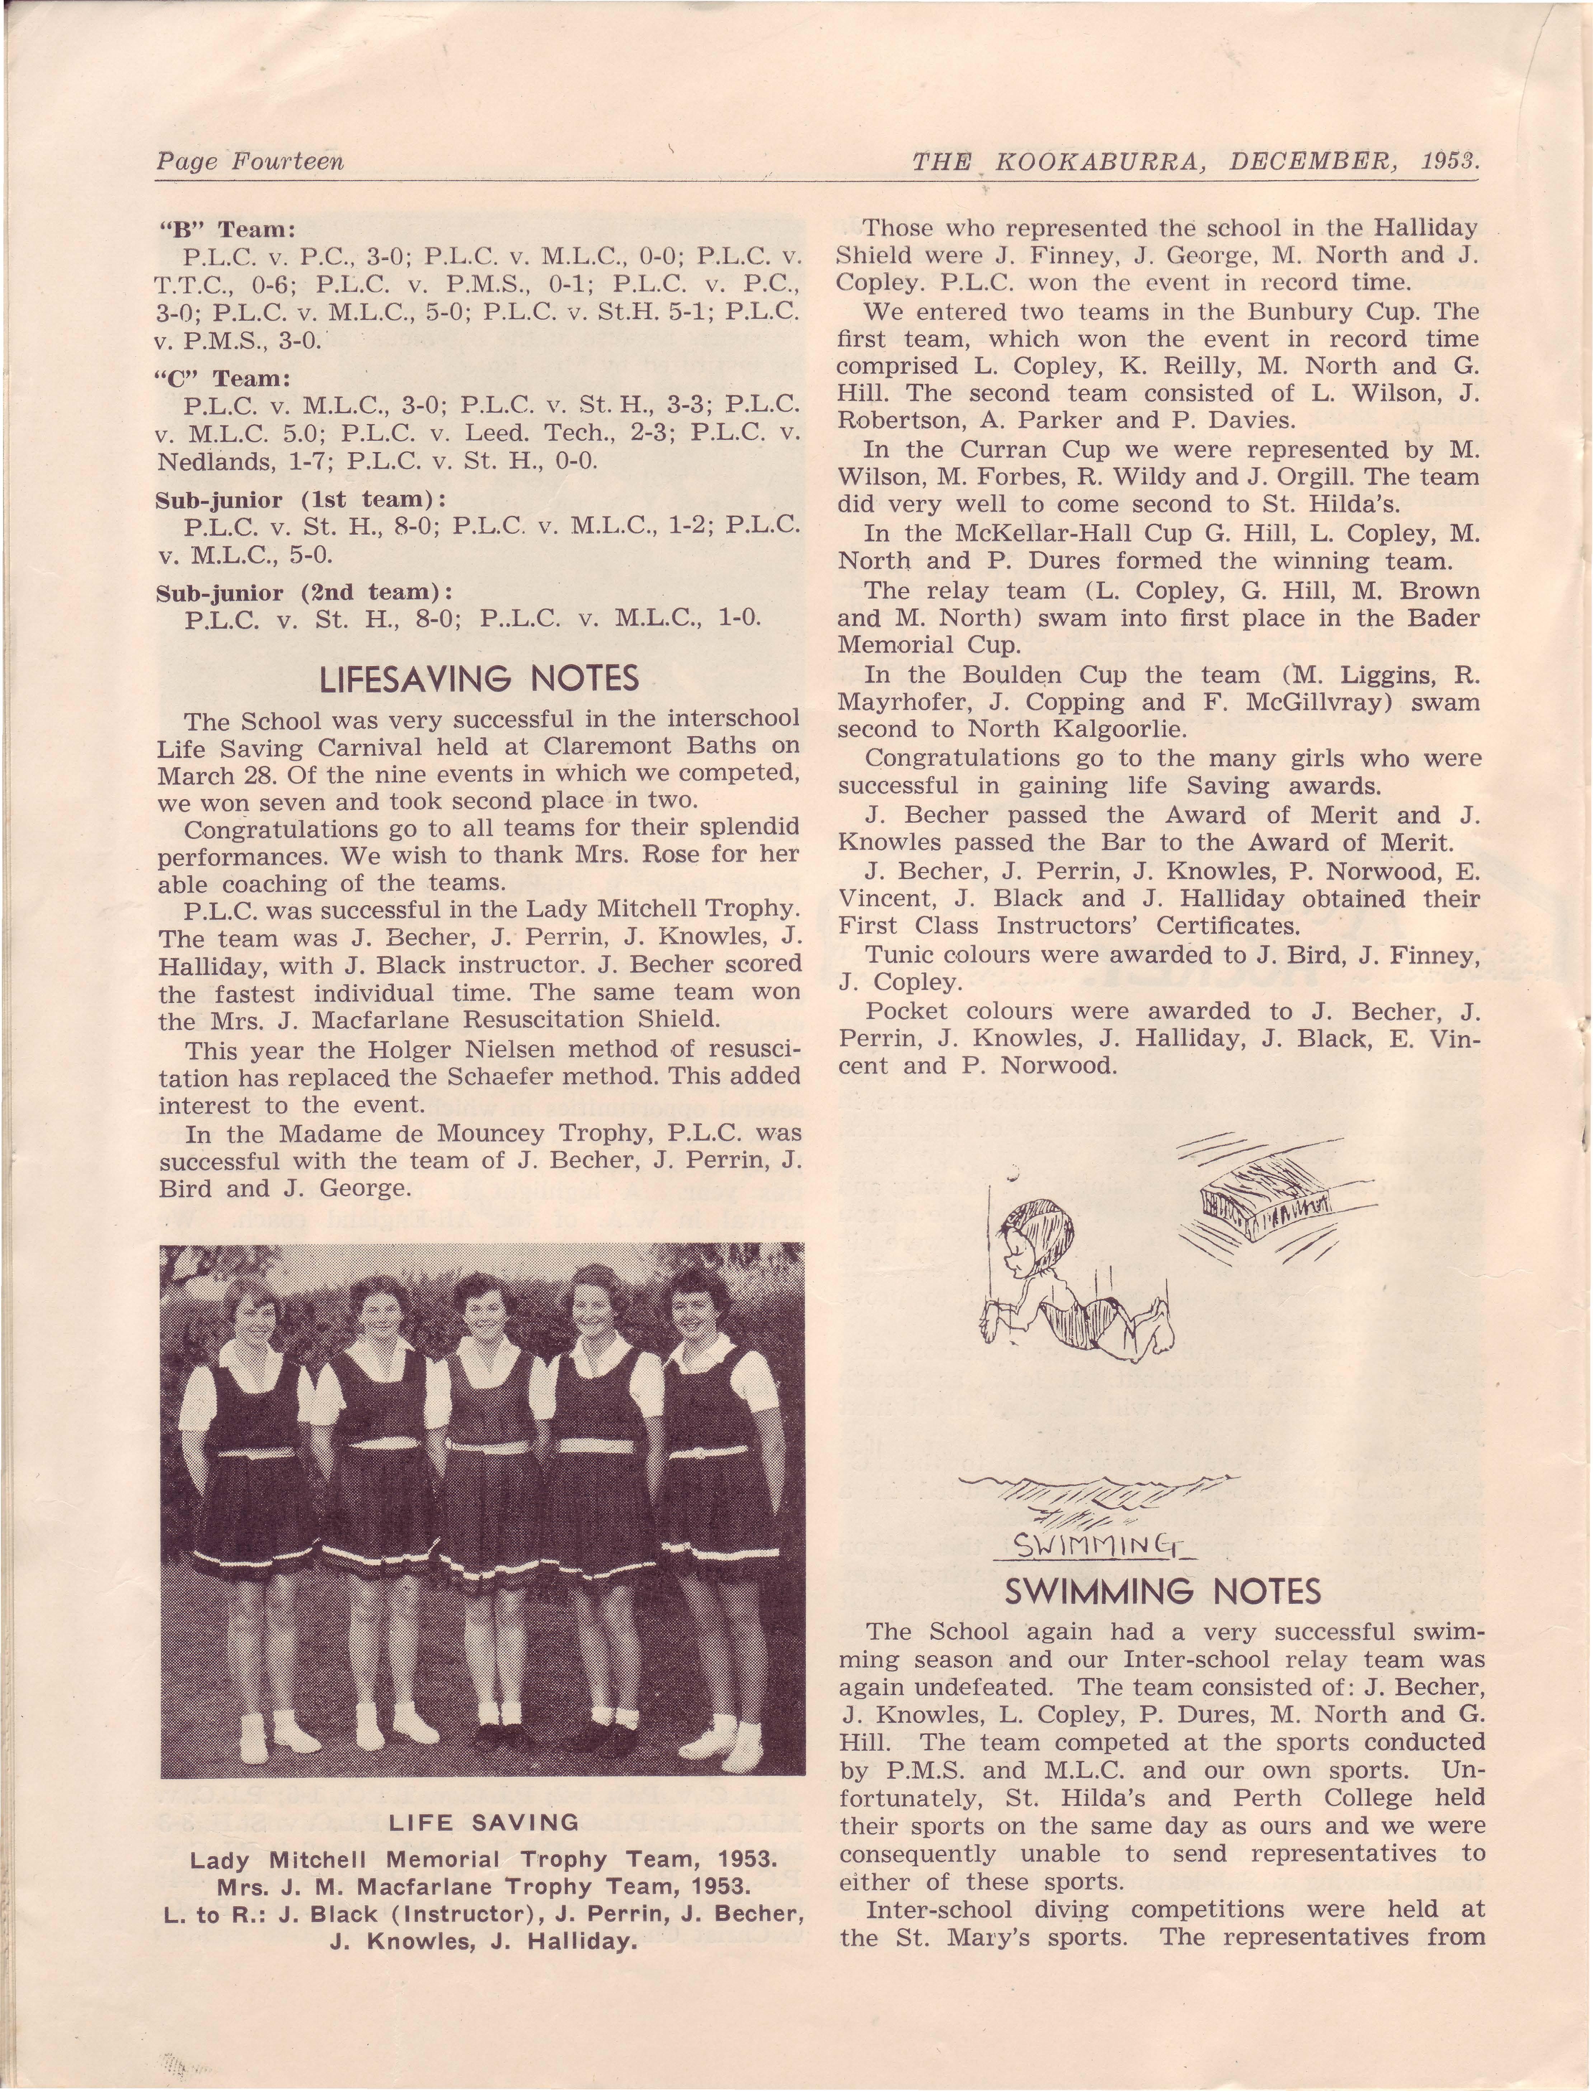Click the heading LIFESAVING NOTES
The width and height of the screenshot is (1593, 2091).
point(479,679)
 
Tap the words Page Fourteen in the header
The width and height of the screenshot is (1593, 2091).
point(249,162)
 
